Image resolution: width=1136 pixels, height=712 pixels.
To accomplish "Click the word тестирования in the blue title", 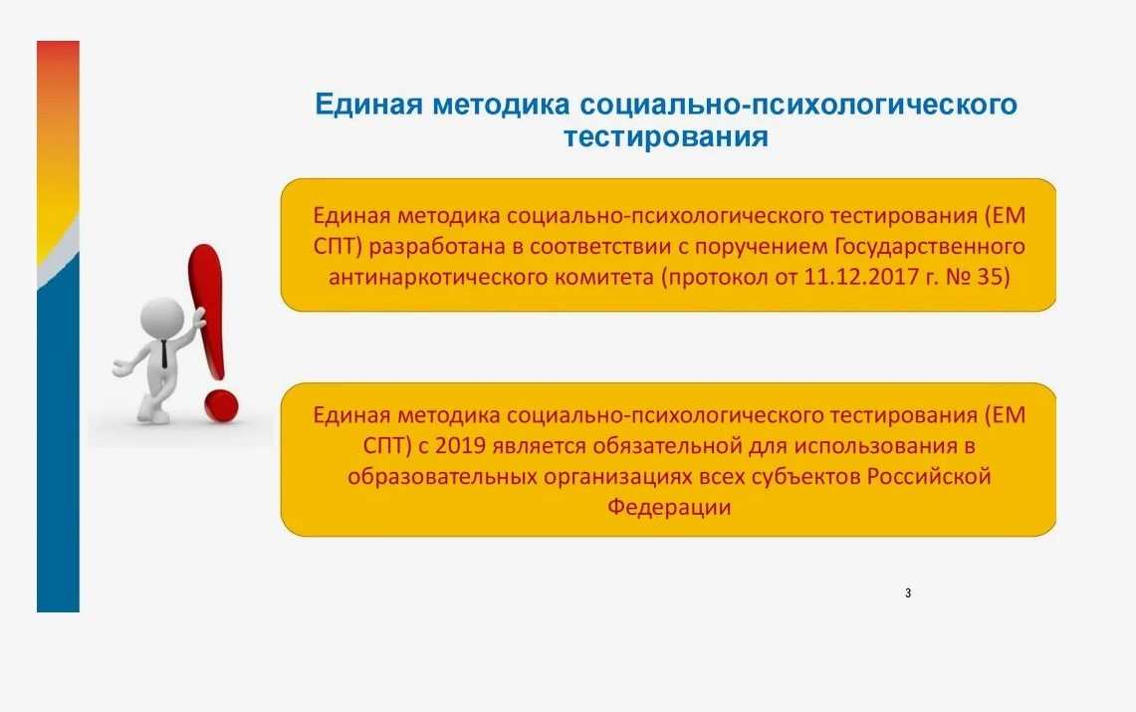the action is pyautogui.click(x=666, y=136).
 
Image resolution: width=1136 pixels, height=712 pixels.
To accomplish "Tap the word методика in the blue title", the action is pyautogui.click(x=502, y=105).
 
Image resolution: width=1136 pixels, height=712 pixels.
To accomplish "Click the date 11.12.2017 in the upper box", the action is pyautogui.click(x=861, y=277).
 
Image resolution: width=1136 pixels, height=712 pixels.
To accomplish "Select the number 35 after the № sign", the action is pyautogui.click(x=994, y=277).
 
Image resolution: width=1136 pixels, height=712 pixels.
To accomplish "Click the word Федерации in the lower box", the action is pyautogui.click(x=669, y=506).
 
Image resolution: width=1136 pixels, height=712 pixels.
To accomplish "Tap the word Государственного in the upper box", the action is pyautogui.click(x=930, y=247).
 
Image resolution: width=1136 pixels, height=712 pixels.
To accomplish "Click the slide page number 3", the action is pyautogui.click(x=908, y=593).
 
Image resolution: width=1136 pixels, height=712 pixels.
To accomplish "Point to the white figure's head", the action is pyautogui.click(x=161, y=318).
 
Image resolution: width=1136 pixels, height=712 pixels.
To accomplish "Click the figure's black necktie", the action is pyautogui.click(x=164, y=354).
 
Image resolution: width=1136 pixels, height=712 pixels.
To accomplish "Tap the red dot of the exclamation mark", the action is pyautogui.click(x=221, y=406).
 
